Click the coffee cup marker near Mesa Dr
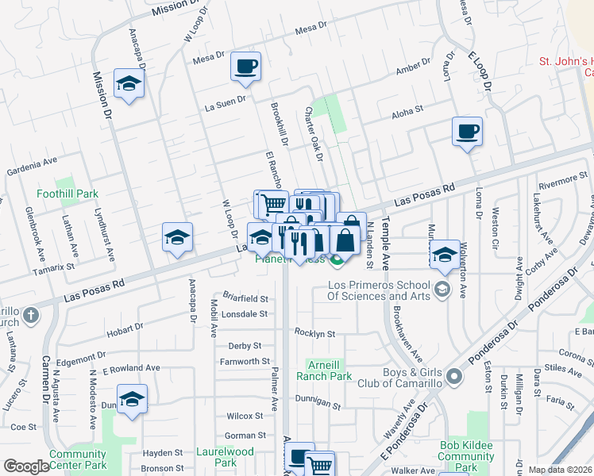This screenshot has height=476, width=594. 246,67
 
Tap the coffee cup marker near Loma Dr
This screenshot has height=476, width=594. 468,131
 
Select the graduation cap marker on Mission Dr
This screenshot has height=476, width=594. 127,84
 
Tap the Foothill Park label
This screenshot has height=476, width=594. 67,194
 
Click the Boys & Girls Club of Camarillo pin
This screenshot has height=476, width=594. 453,376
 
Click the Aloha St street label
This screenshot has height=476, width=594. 407,115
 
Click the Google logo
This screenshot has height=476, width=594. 26,467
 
